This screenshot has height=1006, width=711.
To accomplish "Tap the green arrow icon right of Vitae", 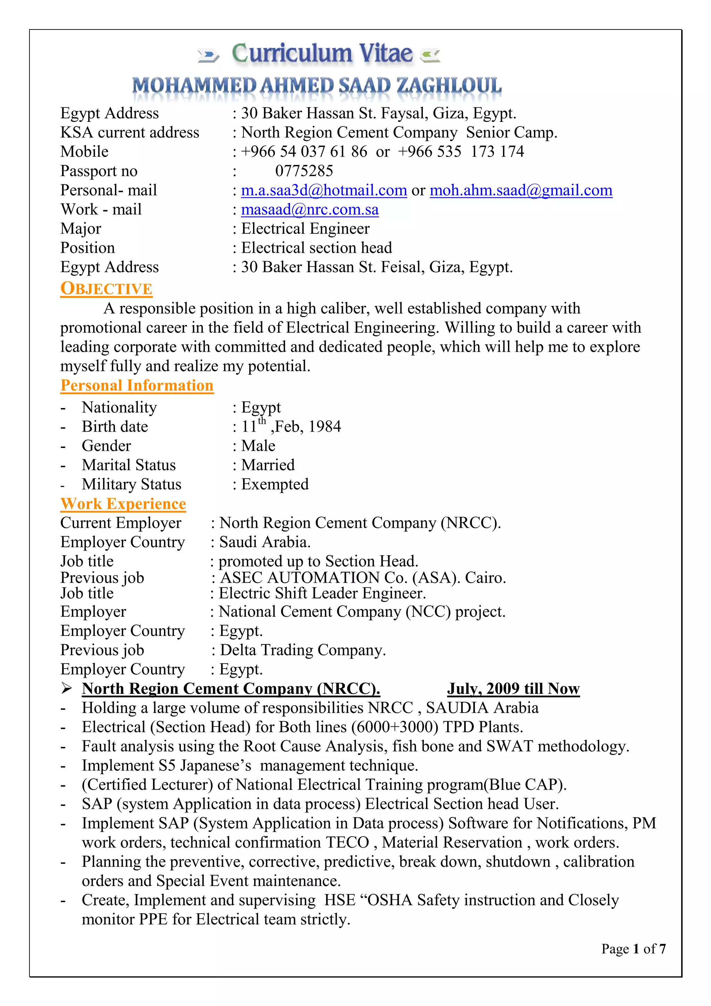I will click(430, 56).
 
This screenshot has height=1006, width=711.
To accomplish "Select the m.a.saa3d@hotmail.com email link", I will click(324, 190).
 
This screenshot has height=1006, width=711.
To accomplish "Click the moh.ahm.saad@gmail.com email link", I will click(520, 190).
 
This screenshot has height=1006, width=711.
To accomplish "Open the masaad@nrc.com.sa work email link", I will click(310, 209).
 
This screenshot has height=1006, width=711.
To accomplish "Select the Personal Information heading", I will click(137, 385).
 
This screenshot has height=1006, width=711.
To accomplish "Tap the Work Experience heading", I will click(123, 504).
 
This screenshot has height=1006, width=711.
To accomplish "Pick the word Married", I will click(268, 465).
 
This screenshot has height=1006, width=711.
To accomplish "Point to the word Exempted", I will click(275, 484).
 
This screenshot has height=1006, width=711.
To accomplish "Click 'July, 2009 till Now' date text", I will click(513, 689).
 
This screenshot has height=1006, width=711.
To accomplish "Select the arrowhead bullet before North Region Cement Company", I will click(66, 688).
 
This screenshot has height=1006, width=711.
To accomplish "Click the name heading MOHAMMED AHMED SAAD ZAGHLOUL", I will click(317, 85).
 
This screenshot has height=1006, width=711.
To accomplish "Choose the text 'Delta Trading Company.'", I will click(302, 650).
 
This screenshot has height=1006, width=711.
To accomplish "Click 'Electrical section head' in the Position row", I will click(316, 248).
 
